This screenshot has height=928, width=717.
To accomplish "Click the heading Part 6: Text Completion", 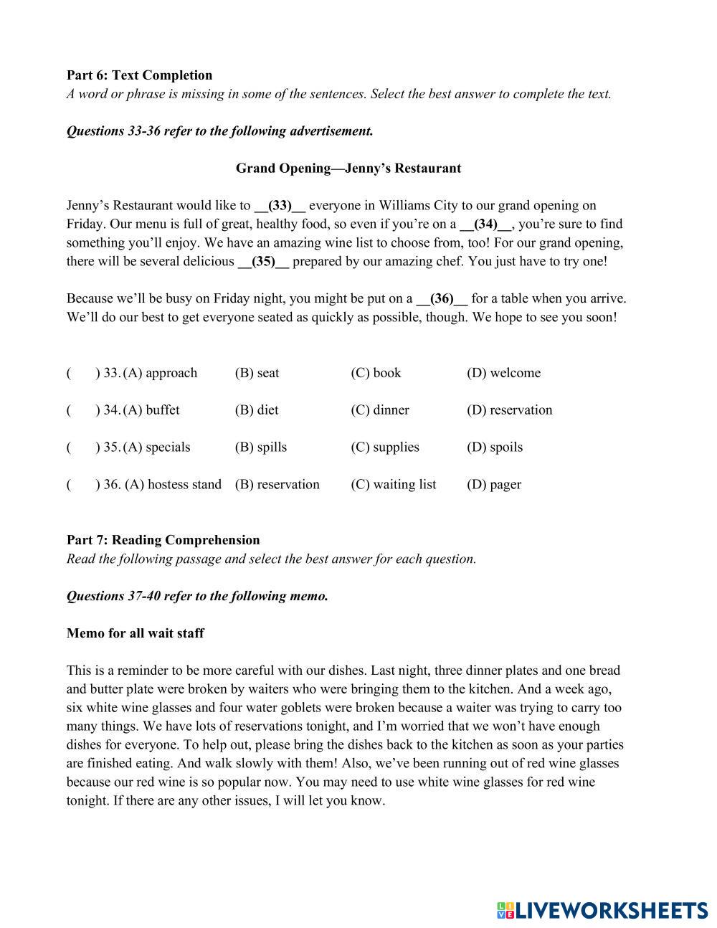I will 139,75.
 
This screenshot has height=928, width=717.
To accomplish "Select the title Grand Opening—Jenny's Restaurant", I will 348,169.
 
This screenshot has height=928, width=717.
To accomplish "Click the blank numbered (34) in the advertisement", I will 485,224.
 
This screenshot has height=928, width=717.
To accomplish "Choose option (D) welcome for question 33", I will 503,373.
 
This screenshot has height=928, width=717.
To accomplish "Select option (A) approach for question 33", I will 160,373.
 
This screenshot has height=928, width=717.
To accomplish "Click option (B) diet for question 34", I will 257,410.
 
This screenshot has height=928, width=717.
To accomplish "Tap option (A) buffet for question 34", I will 151,410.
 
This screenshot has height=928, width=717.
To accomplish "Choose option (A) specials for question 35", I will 156,448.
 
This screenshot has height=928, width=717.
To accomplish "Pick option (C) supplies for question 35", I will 384,448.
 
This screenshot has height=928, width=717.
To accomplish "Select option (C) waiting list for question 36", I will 393,485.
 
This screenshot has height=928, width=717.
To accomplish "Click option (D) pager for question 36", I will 493,485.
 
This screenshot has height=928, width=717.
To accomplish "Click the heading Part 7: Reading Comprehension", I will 163,540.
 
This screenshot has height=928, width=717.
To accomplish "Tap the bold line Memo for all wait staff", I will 135,633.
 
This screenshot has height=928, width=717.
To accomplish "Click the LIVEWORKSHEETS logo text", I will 612,910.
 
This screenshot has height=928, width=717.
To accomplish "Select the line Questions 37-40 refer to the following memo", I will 197,596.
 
